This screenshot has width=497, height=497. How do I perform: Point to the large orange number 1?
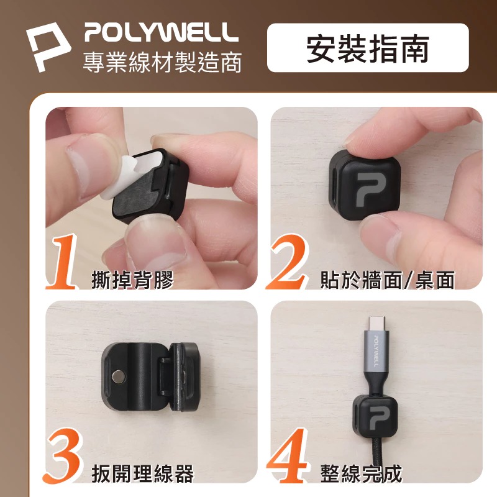65,263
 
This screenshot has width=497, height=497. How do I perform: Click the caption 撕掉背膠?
131,280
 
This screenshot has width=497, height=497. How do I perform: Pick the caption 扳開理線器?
142,474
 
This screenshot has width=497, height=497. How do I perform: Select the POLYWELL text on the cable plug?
378,353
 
